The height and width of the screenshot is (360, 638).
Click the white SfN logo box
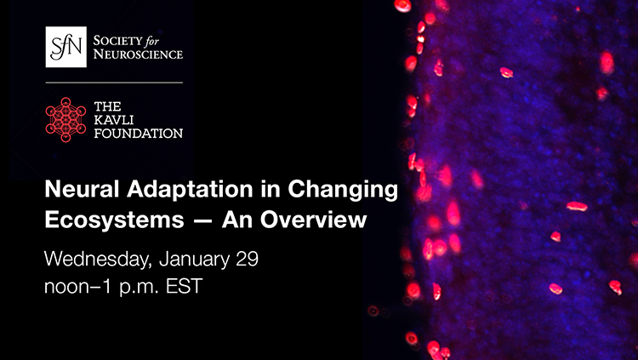click(x=66, y=47)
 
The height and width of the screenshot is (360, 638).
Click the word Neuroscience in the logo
click(x=137, y=54)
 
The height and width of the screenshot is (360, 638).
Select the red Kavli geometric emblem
click(x=66, y=118)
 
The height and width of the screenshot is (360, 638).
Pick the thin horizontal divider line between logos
click(x=114, y=83)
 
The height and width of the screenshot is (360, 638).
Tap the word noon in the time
click(x=68, y=286)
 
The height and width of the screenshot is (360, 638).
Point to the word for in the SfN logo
click(x=167, y=38)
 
